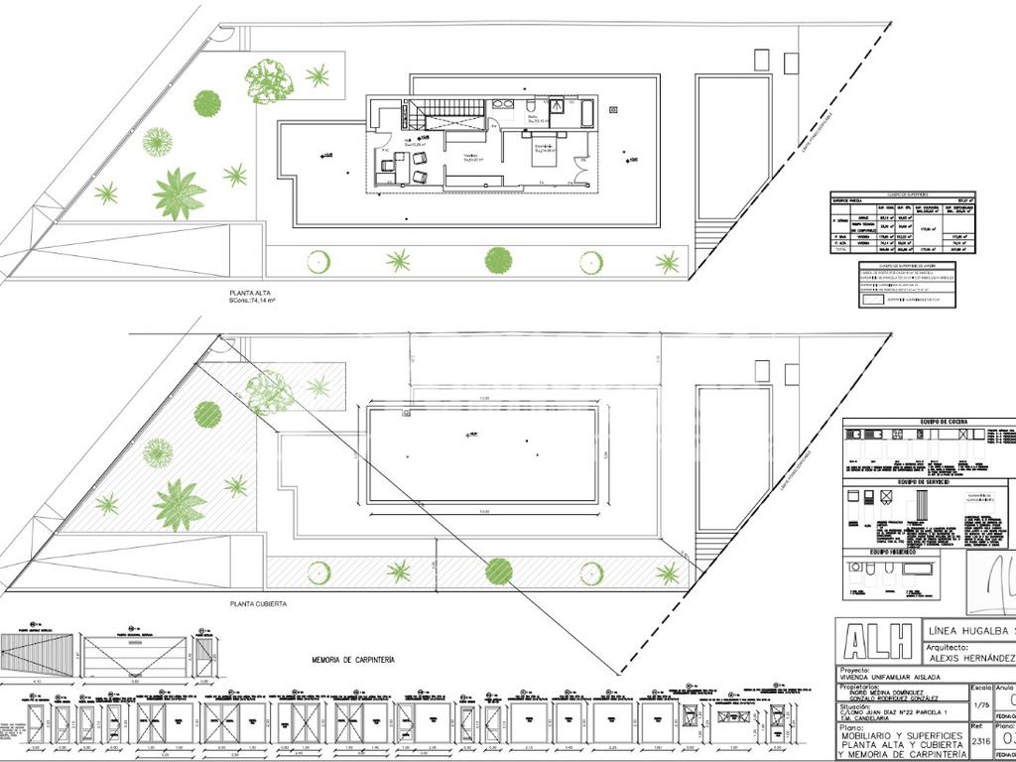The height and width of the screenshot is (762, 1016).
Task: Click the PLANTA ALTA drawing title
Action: (248, 294)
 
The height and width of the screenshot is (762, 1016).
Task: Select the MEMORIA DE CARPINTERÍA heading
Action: (353, 659)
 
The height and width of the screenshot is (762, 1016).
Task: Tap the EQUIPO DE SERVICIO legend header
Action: (924, 482)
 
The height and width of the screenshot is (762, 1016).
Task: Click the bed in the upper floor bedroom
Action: (545, 153)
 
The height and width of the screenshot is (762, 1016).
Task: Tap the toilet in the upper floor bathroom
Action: (533, 105)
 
